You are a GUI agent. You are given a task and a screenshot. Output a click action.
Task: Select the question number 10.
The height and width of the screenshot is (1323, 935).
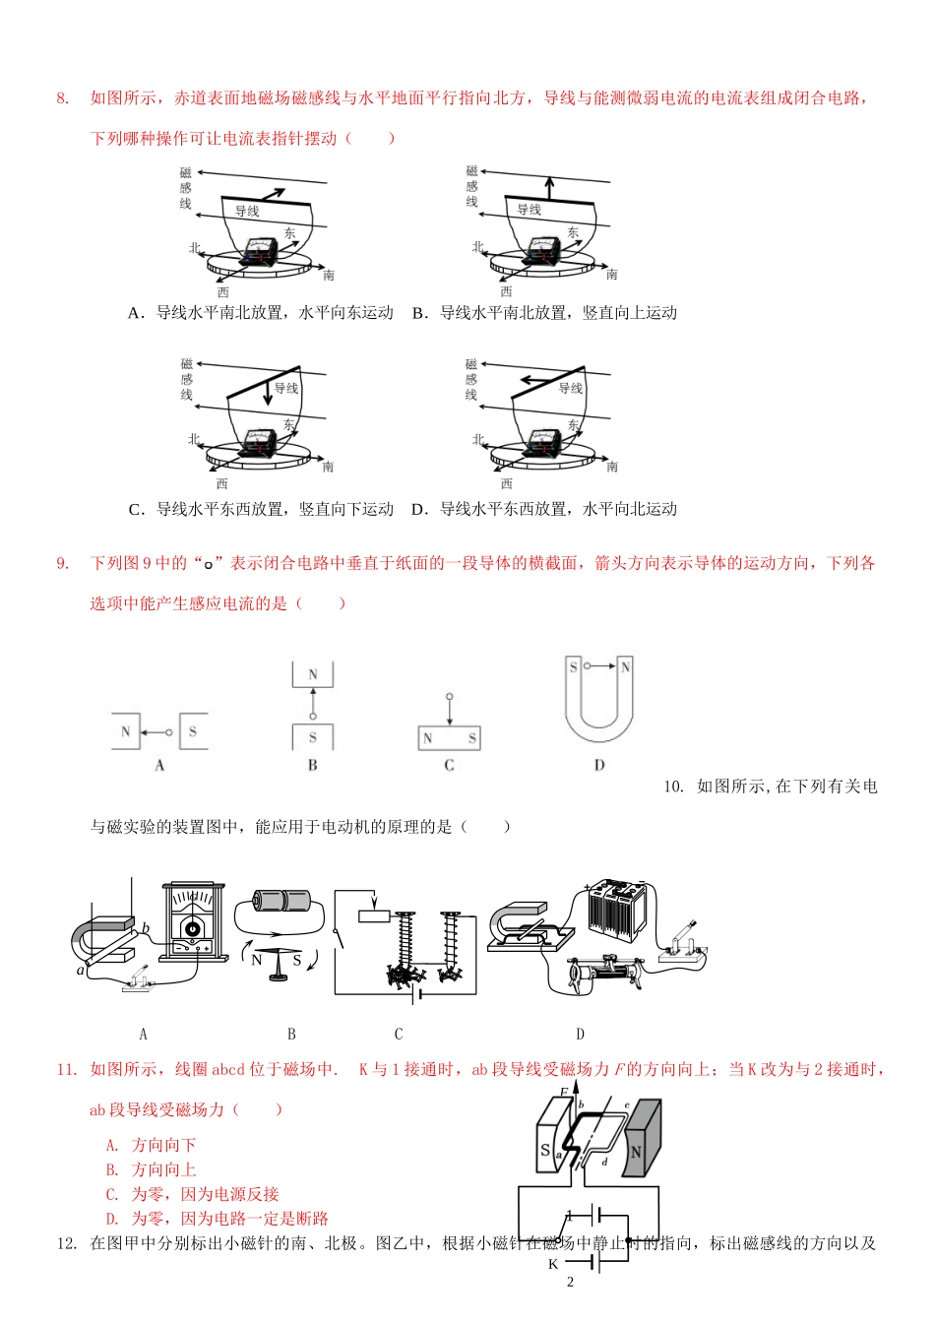[673, 786]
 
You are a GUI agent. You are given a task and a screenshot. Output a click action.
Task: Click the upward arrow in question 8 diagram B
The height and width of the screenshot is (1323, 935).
[549, 187]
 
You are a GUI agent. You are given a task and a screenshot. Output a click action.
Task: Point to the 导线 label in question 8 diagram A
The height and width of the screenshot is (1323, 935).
[247, 211]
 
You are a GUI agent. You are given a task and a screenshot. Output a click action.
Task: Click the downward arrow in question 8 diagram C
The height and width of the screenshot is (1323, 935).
[267, 394]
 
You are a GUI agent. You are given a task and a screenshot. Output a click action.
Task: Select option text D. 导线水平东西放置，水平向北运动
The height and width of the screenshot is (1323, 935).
[544, 509]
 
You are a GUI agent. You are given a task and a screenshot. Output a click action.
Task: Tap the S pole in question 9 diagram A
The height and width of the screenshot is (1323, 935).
[193, 731]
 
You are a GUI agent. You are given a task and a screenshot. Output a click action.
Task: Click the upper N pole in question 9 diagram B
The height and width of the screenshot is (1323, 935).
[313, 674]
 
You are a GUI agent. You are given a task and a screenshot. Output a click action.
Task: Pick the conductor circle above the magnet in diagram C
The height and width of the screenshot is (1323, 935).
[450, 696]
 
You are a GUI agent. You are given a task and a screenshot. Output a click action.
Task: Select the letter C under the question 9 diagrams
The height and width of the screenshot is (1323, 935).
[449, 765]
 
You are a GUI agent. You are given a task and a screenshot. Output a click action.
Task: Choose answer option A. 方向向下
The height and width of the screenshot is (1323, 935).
[152, 1145]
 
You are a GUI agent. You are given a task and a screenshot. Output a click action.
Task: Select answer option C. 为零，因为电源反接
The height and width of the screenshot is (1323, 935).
[193, 1194]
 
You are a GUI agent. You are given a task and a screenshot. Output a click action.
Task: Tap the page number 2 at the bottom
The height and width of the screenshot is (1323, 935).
[569, 1282]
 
